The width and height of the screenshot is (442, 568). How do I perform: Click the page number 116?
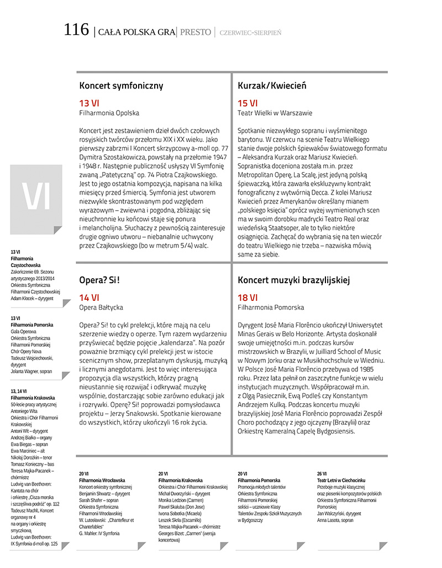(76, 30)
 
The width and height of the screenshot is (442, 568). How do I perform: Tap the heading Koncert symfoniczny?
(121, 86)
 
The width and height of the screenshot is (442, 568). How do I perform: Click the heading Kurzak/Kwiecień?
(272, 86)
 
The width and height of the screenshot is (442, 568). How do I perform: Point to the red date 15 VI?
(247, 103)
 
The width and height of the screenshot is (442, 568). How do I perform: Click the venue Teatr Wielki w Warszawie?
(275, 113)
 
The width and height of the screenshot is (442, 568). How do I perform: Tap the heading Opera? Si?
(99, 280)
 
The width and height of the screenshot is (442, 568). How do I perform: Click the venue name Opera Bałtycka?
(101, 307)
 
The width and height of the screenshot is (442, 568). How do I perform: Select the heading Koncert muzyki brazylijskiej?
(294, 280)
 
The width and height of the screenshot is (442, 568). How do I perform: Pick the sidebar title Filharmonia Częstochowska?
(22, 262)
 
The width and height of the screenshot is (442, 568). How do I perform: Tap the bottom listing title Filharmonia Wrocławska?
(102, 481)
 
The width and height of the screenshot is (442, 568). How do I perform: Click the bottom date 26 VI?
(322, 474)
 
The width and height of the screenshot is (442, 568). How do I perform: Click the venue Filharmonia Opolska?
(109, 113)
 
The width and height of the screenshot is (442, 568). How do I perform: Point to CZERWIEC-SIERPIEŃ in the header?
(250, 33)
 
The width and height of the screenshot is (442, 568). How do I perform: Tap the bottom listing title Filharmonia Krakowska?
(181, 481)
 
